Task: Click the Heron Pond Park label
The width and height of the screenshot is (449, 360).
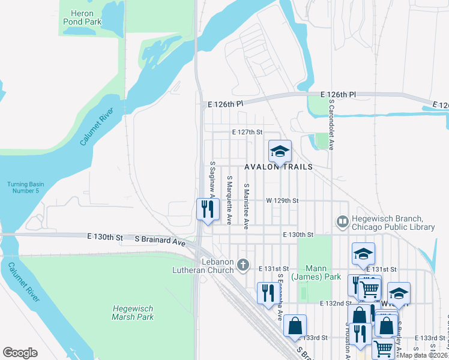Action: (x=82, y=17)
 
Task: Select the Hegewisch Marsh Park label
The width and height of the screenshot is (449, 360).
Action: (x=133, y=313)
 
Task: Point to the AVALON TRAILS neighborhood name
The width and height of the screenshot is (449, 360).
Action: (x=278, y=167)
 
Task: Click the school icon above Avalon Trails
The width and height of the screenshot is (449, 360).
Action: (x=279, y=151)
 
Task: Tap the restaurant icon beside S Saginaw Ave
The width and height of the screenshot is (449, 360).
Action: (x=208, y=209)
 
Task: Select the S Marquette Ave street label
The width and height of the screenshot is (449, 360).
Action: (x=229, y=200)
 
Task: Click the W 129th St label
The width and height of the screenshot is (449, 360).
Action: (x=282, y=200)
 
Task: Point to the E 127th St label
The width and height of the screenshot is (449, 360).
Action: (x=247, y=132)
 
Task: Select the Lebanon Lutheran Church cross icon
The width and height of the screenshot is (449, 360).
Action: (x=243, y=265)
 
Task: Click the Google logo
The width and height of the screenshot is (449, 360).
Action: (x=20, y=353)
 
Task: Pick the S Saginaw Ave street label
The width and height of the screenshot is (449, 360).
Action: (x=212, y=179)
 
